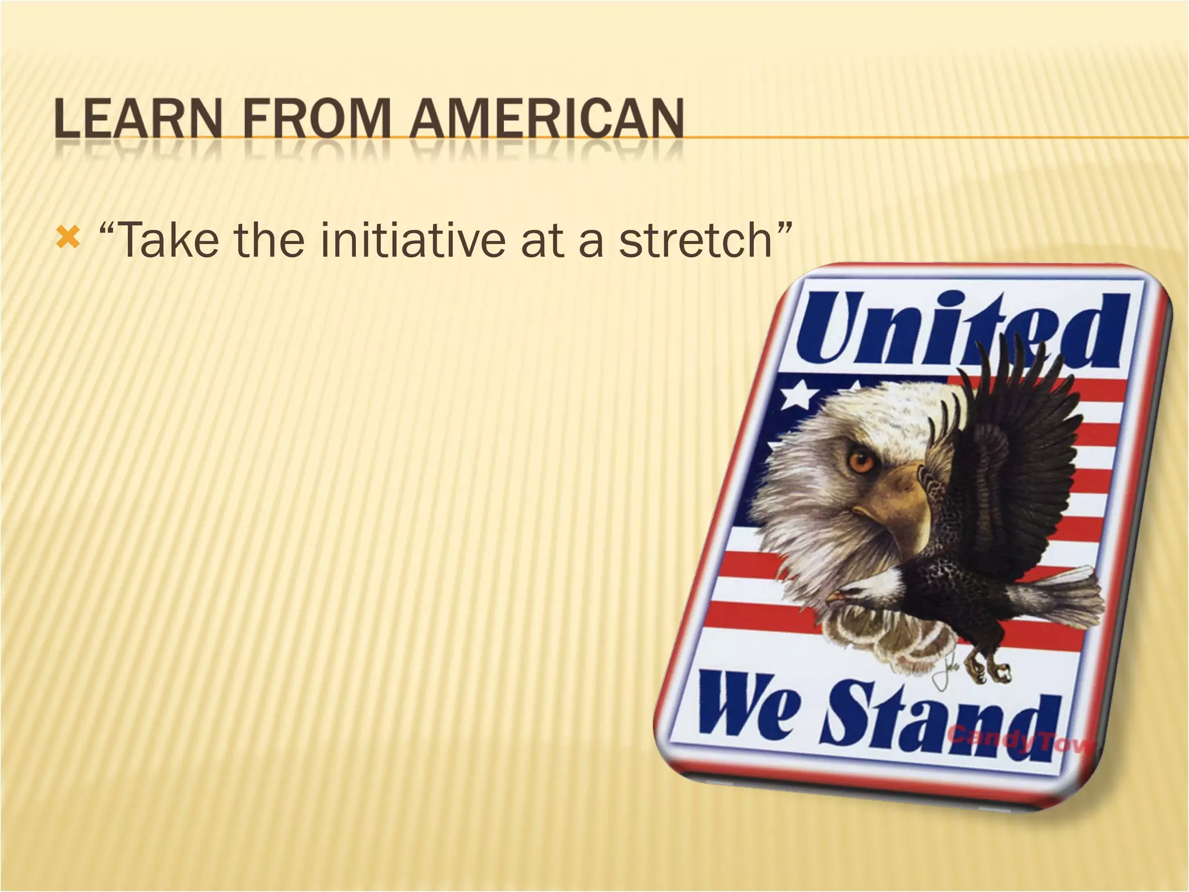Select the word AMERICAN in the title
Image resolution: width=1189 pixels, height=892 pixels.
point(546,120)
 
